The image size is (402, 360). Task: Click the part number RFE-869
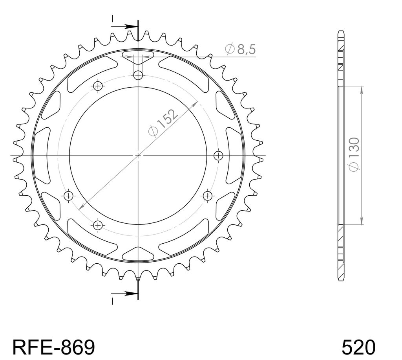pos(53,347)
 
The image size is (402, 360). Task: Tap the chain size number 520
pos(358,347)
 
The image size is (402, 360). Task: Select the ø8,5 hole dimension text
pos(240,49)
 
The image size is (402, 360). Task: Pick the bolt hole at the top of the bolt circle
pos(138,75)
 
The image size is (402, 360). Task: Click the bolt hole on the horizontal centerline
pos(218,155)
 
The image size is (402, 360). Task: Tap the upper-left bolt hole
pos(98,86)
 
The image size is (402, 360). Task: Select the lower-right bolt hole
pos(207,196)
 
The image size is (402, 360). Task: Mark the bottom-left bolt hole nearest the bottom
pos(98,225)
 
